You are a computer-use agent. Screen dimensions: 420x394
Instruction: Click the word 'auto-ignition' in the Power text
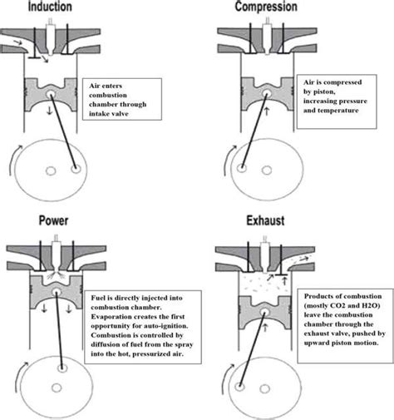pyautogui.click(x=163, y=317)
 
